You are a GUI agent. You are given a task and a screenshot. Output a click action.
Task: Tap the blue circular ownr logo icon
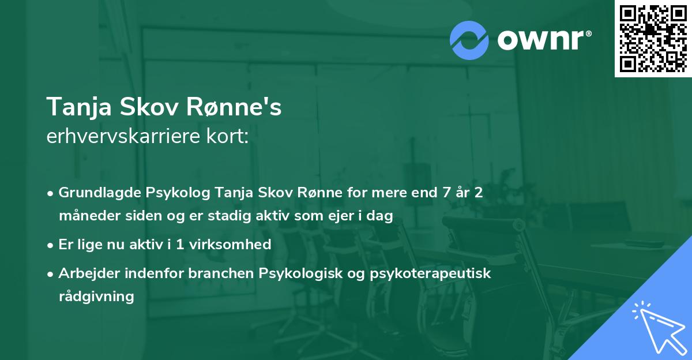point(469,40)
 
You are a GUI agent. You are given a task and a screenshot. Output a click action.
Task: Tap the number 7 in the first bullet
point(446,193)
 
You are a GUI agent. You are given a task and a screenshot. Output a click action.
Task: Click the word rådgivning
point(96,297)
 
